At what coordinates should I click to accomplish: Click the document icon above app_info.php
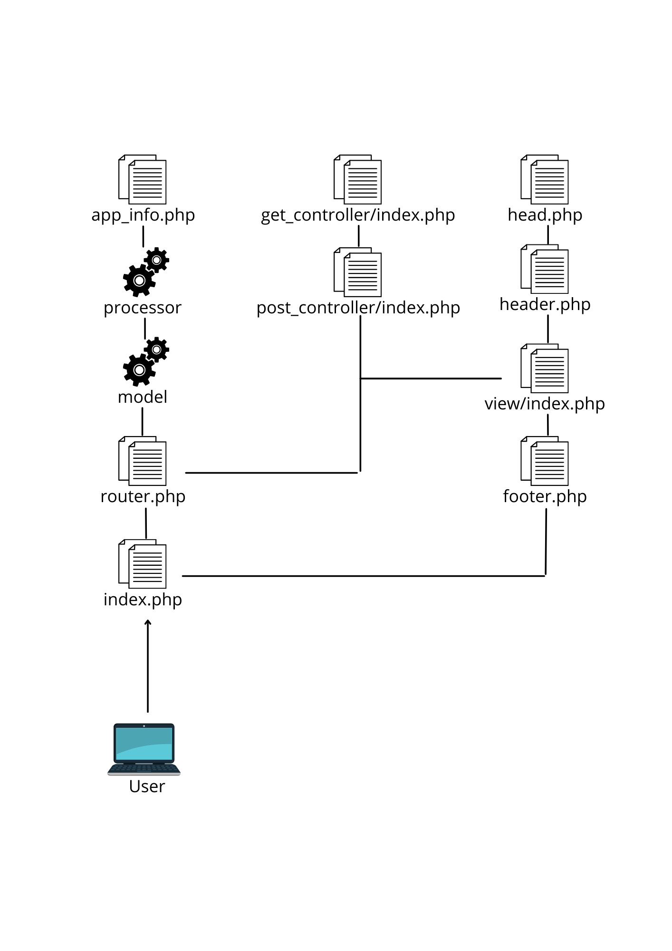143,179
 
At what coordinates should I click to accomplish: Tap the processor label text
143,308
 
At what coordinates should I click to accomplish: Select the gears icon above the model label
145,362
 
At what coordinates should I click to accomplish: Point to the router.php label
143,496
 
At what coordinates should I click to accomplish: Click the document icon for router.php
143,461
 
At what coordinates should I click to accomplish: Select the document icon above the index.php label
143,564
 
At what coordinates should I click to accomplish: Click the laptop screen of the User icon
144,743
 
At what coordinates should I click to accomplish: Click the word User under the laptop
147,786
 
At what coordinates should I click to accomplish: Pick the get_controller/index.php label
358,215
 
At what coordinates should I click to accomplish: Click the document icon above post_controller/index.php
358,272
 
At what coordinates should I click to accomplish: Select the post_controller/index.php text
358,308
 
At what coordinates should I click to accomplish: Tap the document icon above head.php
545,179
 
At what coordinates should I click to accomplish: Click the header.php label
545,304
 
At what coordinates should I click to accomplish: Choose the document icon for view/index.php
545,369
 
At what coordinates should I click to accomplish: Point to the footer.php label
545,496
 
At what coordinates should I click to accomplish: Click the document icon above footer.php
545,461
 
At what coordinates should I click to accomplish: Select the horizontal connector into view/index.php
431,378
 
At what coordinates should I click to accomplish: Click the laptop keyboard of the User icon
144,768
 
